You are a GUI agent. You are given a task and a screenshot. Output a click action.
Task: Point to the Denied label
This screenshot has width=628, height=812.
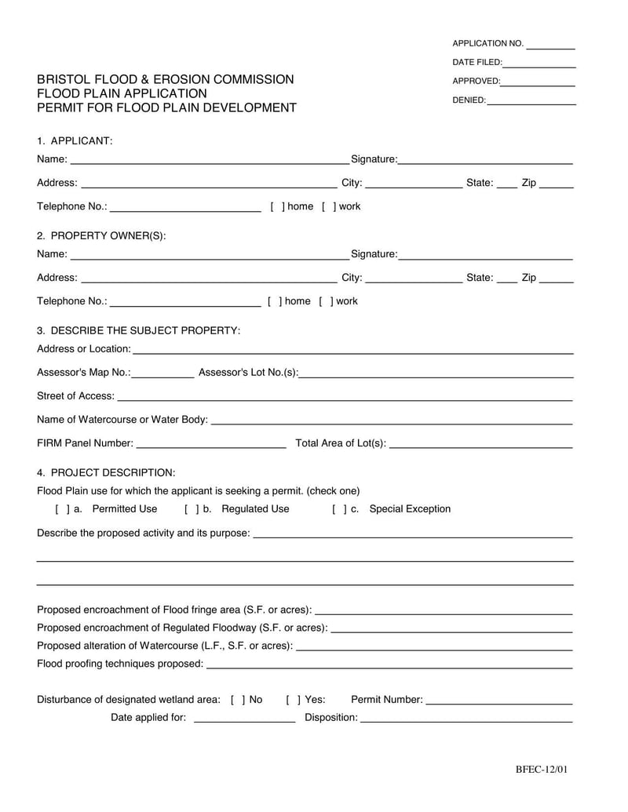point(469,100)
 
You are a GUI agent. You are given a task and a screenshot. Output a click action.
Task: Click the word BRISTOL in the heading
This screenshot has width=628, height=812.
point(64,79)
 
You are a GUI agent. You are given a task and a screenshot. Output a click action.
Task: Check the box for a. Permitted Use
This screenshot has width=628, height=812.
point(63,509)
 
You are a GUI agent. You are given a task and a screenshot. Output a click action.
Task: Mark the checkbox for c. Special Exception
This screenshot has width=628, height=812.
point(340,509)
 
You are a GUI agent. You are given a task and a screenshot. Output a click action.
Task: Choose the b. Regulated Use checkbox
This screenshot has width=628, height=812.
point(192,509)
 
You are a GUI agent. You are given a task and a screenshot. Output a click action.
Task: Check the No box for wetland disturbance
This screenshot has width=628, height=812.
point(238,700)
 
